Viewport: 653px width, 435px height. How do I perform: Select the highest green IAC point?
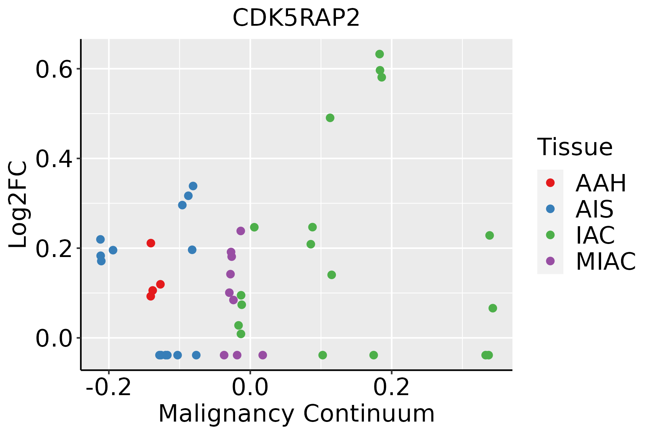pyautogui.click(x=379, y=54)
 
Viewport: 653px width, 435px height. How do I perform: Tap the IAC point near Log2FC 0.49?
pyautogui.click(x=330, y=118)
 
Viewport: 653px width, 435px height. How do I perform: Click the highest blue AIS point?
pyautogui.click(x=193, y=186)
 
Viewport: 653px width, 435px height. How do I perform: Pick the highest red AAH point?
pyautogui.click(x=151, y=243)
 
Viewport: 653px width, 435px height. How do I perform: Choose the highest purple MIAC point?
pyautogui.click(x=241, y=231)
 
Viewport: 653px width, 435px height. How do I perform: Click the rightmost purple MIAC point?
pyautogui.click(x=263, y=355)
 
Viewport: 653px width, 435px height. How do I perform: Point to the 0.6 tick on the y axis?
pyautogui.click(x=53, y=70)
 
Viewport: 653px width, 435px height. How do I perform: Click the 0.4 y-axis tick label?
pyautogui.click(x=53, y=159)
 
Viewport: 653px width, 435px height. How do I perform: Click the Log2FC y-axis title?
pyautogui.click(x=18, y=204)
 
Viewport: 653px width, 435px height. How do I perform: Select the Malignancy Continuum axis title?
pyautogui.click(x=296, y=414)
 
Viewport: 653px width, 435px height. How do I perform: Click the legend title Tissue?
pyautogui.click(x=575, y=147)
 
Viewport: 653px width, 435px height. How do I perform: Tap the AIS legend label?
pyautogui.click(x=594, y=209)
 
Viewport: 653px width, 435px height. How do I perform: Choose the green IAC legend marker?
pyautogui.click(x=550, y=235)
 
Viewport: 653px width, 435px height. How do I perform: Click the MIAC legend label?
pyautogui.click(x=605, y=261)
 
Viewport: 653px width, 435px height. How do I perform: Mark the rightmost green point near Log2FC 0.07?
pyautogui.click(x=493, y=308)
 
